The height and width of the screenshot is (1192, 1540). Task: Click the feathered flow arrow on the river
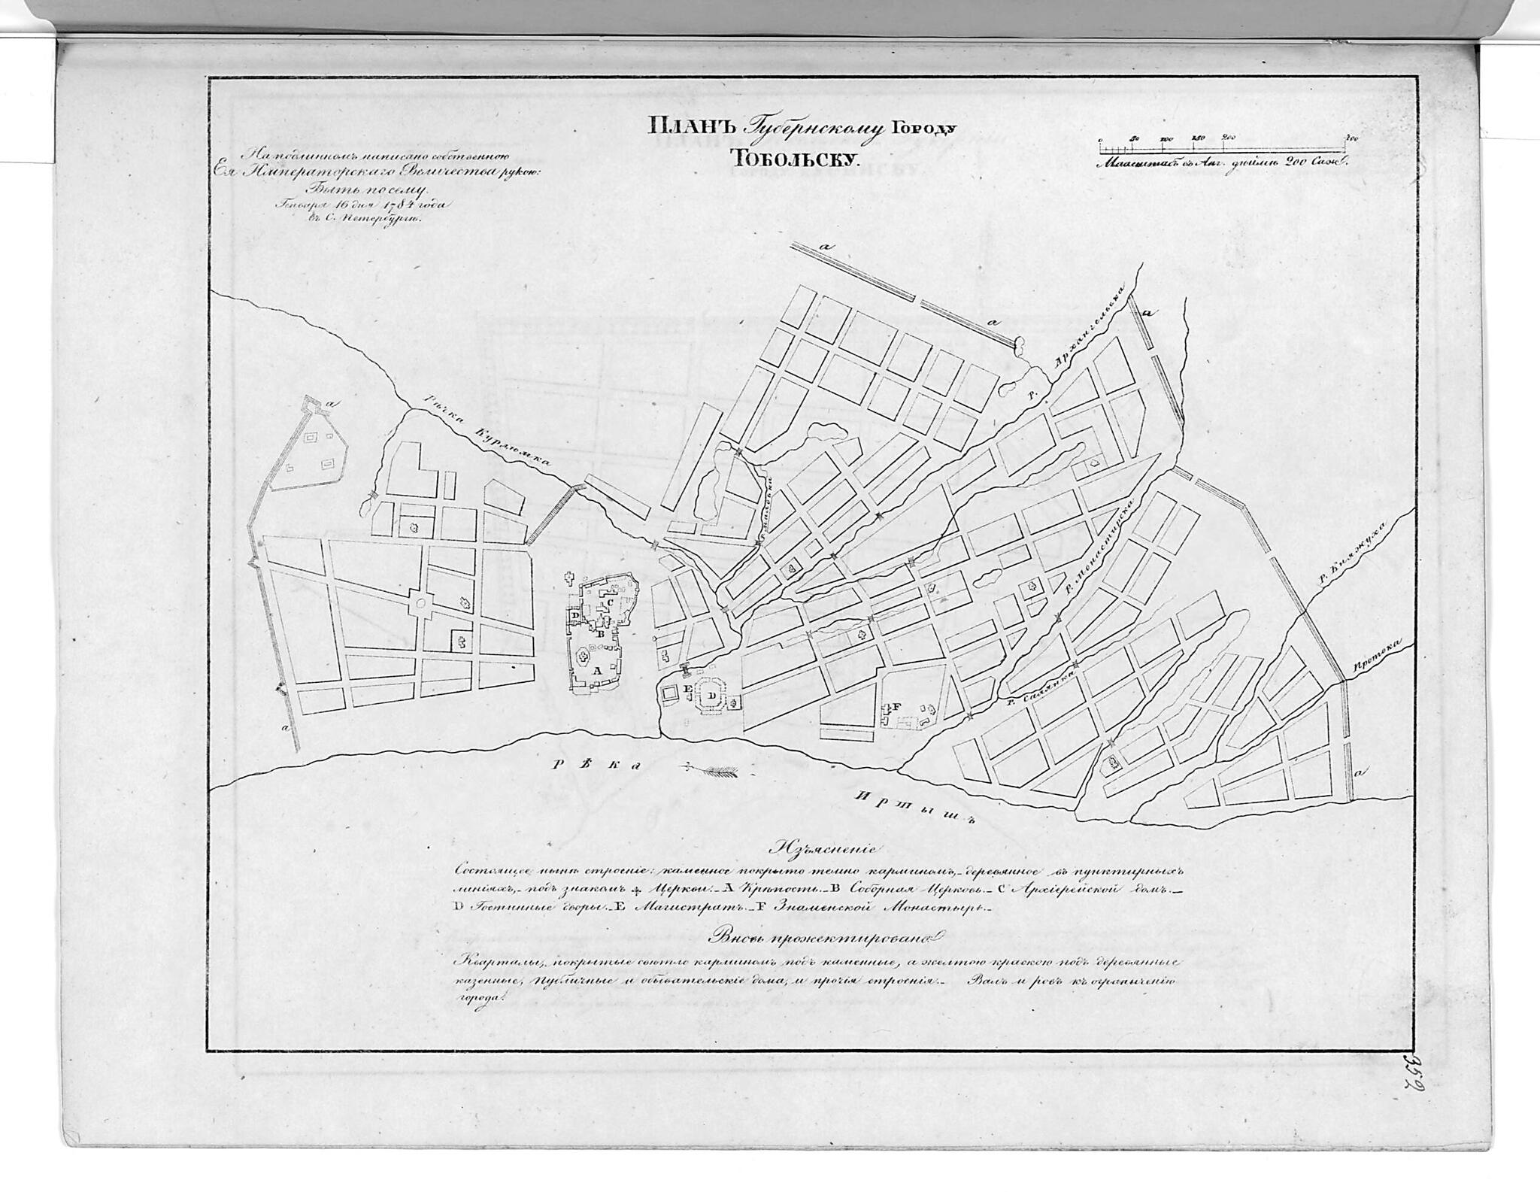(714, 769)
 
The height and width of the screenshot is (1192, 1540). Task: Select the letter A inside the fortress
(597, 669)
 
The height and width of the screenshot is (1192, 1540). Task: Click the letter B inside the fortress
(600, 633)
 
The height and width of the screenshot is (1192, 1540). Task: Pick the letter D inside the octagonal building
(711, 696)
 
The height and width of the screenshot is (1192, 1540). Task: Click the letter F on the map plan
(896, 707)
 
